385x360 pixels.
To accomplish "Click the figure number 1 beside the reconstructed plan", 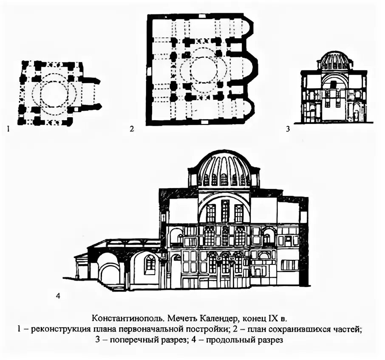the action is click(x=8, y=128).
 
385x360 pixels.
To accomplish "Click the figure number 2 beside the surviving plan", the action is click(x=132, y=128).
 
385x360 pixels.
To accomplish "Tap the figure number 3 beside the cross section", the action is click(x=288, y=128).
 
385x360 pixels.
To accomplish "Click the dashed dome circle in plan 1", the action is click(x=52, y=92).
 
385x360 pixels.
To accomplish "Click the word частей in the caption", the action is click(x=349, y=329).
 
